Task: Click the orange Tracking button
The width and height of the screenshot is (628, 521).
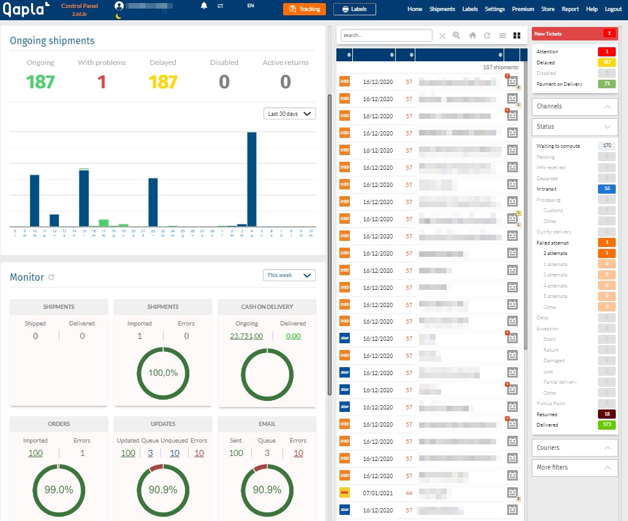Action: tap(304, 9)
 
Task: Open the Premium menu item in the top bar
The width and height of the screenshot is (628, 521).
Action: tap(523, 9)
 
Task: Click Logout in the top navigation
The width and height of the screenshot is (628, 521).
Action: tap(613, 9)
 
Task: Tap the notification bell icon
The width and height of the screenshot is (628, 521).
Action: tap(204, 6)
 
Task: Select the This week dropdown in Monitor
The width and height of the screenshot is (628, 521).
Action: tap(289, 275)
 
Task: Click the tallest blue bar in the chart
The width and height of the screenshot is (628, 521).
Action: tap(251, 179)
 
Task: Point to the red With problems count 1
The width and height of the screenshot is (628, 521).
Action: tap(102, 82)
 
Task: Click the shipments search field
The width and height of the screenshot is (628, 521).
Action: tap(386, 36)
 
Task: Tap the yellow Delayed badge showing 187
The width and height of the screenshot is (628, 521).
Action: tap(607, 63)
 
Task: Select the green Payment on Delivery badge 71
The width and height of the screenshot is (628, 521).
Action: tap(607, 84)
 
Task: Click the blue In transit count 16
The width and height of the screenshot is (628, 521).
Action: tap(607, 189)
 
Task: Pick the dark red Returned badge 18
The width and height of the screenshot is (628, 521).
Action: tap(607, 414)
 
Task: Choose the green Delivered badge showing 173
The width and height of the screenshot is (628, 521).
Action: tap(607, 425)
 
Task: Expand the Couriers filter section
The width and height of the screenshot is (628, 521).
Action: tap(574, 447)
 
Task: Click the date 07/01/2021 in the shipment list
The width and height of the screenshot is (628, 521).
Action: tap(377, 493)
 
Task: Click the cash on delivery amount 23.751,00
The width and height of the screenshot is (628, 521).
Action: tap(246, 336)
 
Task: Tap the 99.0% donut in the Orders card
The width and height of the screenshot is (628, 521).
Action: tap(59, 489)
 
